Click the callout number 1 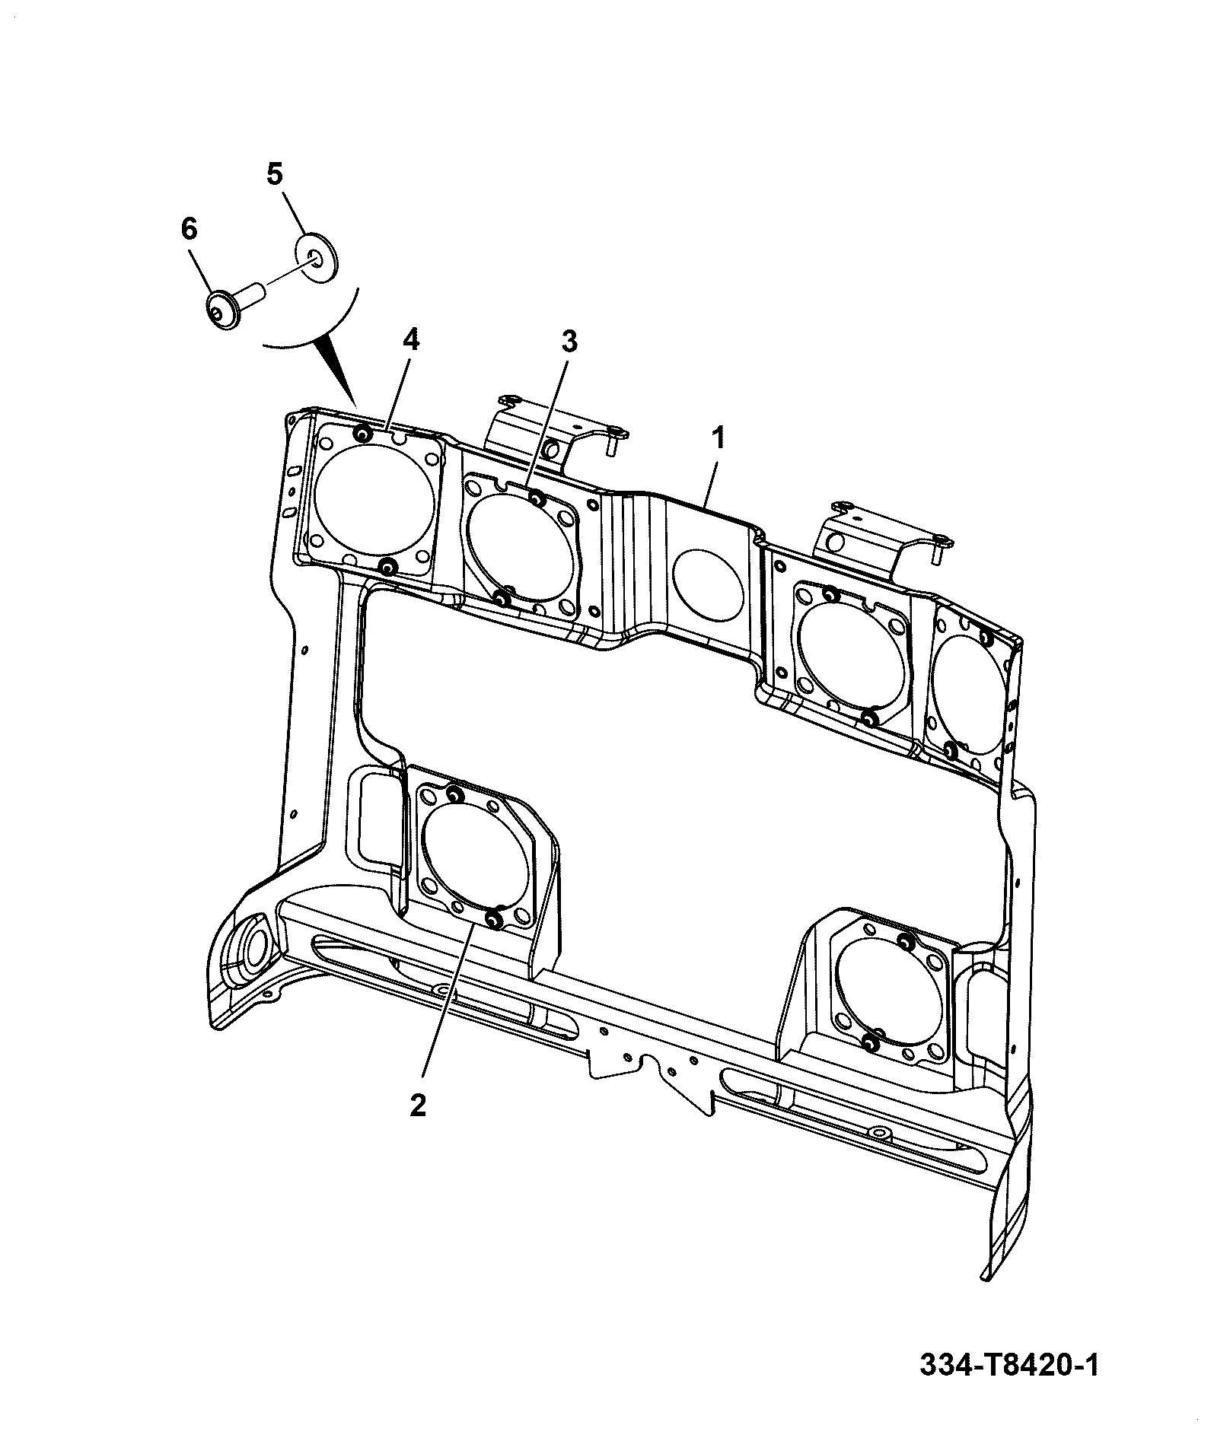719,440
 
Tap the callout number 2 417,1106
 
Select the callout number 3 569,342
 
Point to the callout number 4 409,340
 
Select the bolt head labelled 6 224,310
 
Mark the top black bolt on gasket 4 362,434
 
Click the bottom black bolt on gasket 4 387,567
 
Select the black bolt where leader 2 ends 493,921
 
